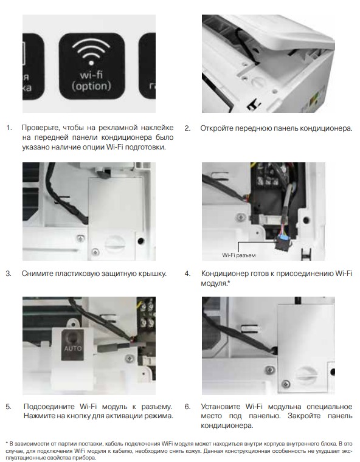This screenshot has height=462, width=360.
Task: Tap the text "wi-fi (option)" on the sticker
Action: tap(89, 80)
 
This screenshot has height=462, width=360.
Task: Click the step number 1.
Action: tap(9, 128)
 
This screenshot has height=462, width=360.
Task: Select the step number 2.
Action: tap(187, 128)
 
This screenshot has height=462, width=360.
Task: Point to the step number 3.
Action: tap(9, 274)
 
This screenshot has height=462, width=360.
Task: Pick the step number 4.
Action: tap(187, 274)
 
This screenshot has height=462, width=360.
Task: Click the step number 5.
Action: tap(9, 405)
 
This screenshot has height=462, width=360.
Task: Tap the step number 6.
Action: tap(187, 405)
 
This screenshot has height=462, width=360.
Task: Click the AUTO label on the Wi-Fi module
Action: tap(72, 350)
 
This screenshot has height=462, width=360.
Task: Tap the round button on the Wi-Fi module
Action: tap(72, 336)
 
